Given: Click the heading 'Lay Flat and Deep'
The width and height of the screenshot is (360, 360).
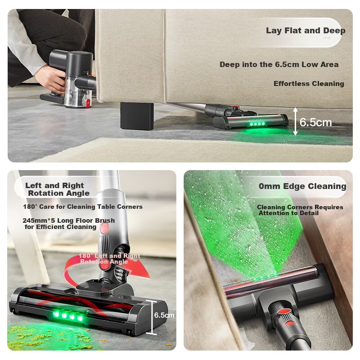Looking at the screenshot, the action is pyautogui.click(x=306, y=31).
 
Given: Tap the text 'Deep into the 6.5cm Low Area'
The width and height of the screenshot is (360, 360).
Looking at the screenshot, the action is pyautogui.click(x=279, y=64).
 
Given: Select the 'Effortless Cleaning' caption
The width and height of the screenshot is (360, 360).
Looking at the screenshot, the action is pyautogui.click(x=309, y=84).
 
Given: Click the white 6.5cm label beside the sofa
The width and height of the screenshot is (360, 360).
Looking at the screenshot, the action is pyautogui.click(x=315, y=122).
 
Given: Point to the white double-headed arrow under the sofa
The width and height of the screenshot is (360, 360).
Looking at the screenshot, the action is pyautogui.click(x=296, y=121).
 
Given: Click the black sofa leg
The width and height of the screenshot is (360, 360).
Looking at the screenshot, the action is pyautogui.click(x=137, y=116).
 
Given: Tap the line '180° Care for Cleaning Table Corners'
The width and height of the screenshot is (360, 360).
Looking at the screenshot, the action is pyautogui.click(x=83, y=207).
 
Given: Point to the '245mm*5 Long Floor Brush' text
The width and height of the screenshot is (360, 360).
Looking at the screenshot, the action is pyautogui.click(x=69, y=220).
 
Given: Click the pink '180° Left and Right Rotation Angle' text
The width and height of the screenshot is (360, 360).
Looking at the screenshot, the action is pyautogui.click(x=109, y=258).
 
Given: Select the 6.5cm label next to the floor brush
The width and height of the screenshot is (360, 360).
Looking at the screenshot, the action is pyautogui.click(x=164, y=315).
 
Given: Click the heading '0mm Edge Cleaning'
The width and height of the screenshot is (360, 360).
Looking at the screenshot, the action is pyautogui.click(x=302, y=186).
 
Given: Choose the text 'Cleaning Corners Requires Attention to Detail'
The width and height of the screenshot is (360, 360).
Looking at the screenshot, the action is pyautogui.click(x=300, y=210).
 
